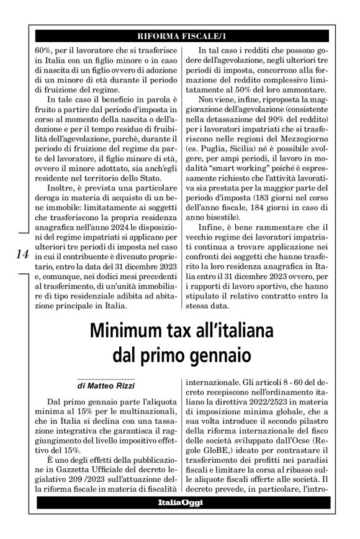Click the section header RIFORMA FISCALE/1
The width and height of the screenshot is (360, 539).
[x=179, y=33]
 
